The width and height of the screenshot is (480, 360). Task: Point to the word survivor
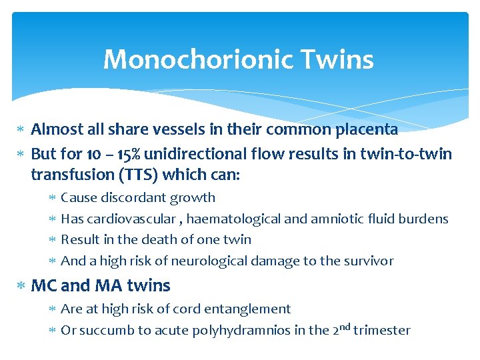point(367,261)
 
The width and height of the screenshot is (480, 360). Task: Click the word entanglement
point(257,309)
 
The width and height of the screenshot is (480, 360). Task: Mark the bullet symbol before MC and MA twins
point(22,286)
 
